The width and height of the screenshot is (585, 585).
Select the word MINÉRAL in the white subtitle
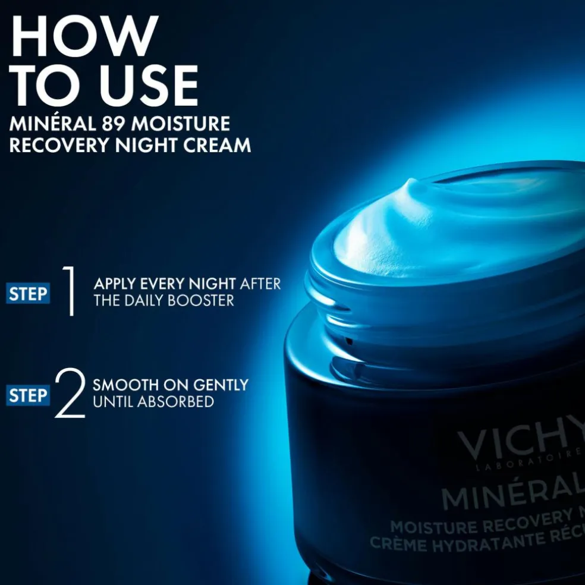coord(50,124)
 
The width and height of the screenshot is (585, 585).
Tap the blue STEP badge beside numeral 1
coord(28,294)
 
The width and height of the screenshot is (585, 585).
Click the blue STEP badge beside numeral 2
coord(28,395)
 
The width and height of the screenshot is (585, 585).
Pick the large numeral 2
coord(70,394)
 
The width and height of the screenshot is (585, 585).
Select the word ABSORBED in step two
coord(175,402)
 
